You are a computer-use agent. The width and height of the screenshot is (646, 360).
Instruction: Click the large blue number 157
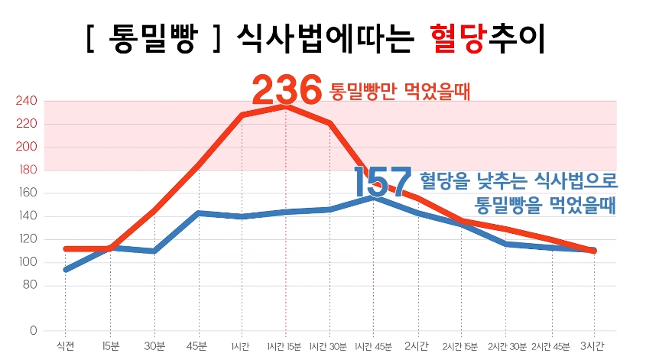(x=382, y=182)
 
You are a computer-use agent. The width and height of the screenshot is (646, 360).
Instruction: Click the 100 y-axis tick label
(x=27, y=262)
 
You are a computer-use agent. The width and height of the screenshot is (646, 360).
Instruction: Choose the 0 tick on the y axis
(x=33, y=331)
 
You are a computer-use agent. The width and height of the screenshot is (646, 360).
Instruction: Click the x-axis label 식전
(x=65, y=346)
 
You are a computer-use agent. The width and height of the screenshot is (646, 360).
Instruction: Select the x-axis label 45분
(x=197, y=346)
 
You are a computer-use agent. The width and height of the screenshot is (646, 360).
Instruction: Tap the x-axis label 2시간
(x=417, y=346)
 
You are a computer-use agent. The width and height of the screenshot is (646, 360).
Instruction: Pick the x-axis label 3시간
(x=594, y=346)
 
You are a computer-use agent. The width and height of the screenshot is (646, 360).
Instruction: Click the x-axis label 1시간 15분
(x=285, y=346)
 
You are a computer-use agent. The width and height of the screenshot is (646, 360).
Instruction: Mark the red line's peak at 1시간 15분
(x=286, y=106)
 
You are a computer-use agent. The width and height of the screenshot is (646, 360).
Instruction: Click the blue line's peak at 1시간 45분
(x=374, y=197)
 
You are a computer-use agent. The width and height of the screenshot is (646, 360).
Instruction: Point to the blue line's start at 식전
(x=66, y=270)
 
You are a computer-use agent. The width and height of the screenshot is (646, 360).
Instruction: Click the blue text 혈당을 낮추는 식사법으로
(x=518, y=180)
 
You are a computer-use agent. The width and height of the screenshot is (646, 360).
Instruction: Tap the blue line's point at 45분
(x=198, y=213)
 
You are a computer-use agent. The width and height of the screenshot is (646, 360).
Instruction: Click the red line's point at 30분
(x=154, y=210)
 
